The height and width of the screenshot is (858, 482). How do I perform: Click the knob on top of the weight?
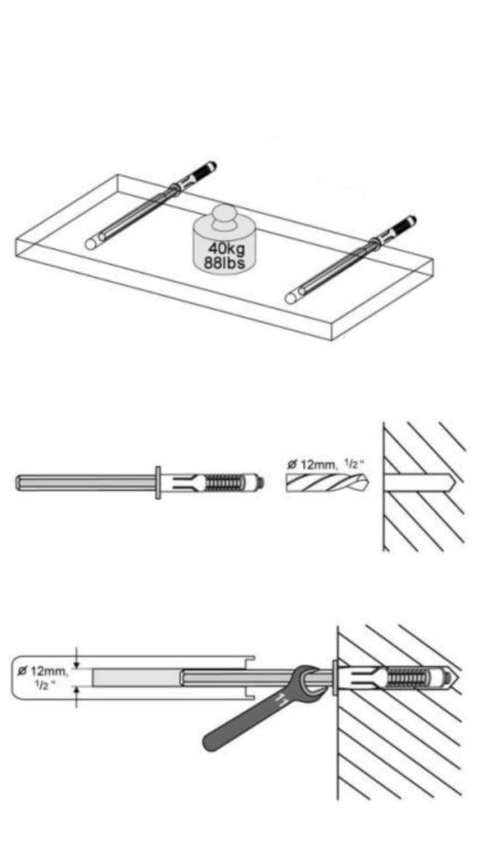click(x=224, y=217)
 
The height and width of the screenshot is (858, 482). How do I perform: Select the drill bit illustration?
click(x=327, y=483)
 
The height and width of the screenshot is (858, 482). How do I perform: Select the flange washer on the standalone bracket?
click(x=157, y=483)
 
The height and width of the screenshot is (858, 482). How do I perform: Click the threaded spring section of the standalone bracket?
click(x=224, y=483)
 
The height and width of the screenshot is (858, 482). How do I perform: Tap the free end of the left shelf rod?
click(x=91, y=244)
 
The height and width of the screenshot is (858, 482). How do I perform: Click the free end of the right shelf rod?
click(x=292, y=298)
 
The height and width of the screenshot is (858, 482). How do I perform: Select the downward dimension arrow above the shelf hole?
click(x=77, y=659)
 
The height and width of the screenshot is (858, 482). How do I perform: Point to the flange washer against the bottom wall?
click(x=335, y=677)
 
